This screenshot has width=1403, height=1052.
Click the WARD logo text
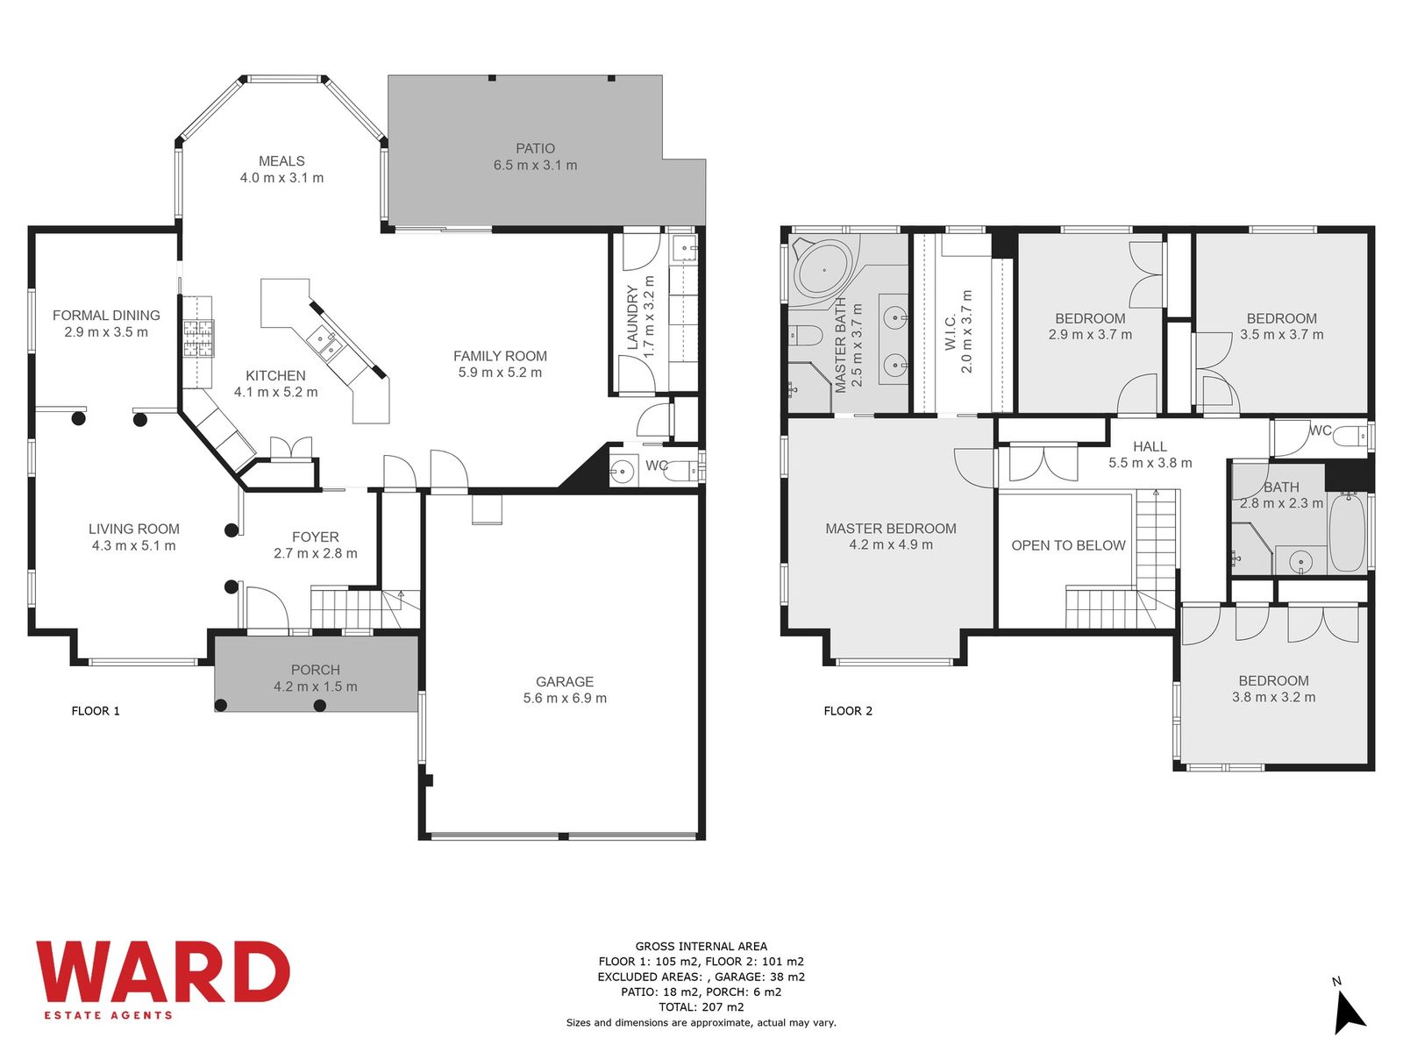click(163, 970)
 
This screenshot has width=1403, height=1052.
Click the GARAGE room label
click(565, 681)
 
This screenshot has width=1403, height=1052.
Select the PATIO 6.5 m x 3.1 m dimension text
click(535, 165)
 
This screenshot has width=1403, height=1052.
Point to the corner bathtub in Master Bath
click(824, 269)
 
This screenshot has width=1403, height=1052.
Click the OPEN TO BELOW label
click(1068, 545)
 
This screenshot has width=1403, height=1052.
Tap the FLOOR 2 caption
click(848, 711)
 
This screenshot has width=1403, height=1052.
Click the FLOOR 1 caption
click(96, 711)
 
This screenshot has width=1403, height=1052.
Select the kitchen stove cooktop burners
click(199, 338)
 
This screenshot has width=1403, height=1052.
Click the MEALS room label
click(281, 161)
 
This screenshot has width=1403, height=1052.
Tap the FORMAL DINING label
click(106, 316)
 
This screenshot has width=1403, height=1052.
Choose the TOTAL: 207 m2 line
click(701, 1007)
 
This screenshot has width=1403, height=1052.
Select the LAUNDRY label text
click(632, 317)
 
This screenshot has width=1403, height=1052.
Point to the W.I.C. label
click(951, 331)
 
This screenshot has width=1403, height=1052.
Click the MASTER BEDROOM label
click(890, 529)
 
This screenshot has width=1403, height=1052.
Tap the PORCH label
click(315, 670)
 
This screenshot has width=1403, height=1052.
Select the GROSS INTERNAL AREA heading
click(701, 947)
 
